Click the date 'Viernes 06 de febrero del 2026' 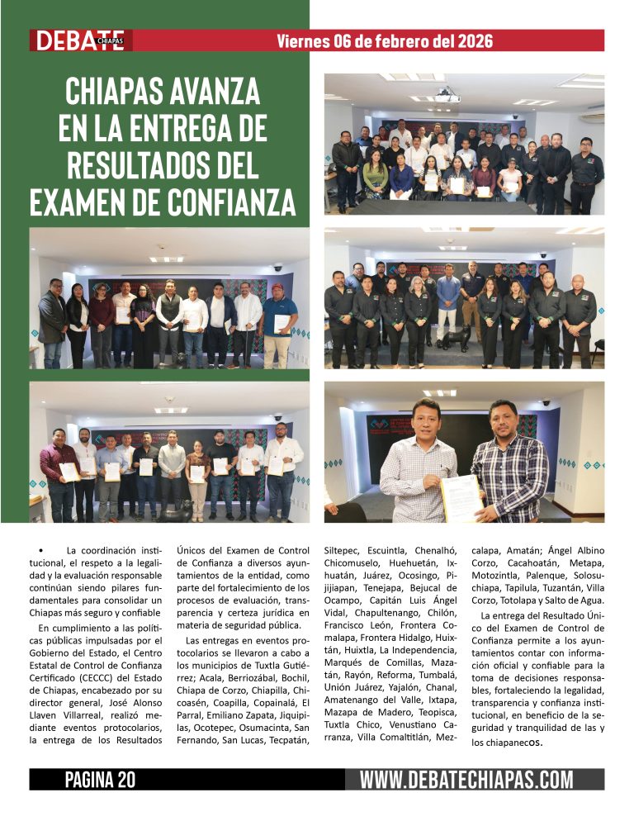[x=385, y=40]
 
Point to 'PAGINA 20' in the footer [x=100, y=779]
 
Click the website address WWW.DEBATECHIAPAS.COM [x=466, y=779]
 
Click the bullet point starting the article [x=39, y=551]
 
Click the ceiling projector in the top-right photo [x=447, y=96]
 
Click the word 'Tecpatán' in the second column [x=286, y=738]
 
